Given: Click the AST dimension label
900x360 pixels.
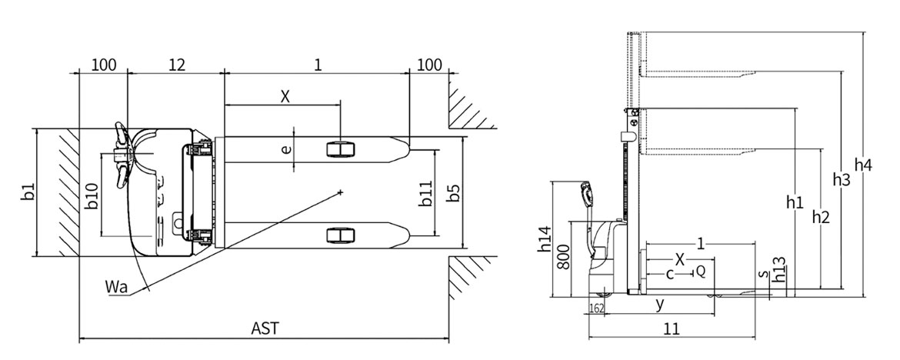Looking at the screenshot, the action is [x=265, y=328].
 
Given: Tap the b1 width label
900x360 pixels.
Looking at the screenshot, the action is [x=28, y=192].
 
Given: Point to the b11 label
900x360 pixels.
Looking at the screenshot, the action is [x=425, y=194].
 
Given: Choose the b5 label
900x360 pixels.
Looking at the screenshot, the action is [x=453, y=193].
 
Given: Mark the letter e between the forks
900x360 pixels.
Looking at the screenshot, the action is [x=286, y=150].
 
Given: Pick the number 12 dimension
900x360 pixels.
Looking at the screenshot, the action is [x=177, y=65].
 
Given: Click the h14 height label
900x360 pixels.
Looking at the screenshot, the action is [x=544, y=239].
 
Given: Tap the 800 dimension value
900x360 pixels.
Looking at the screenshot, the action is [x=564, y=257].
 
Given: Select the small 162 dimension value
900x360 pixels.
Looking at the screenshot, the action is [x=596, y=308].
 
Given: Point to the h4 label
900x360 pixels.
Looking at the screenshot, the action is [x=863, y=165].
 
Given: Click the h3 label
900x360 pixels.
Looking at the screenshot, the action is [x=842, y=179].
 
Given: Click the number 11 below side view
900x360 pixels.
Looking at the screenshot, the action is [x=672, y=328].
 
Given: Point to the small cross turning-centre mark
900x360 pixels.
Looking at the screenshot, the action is [x=340, y=192].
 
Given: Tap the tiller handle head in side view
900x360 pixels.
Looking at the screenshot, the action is [x=586, y=194].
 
